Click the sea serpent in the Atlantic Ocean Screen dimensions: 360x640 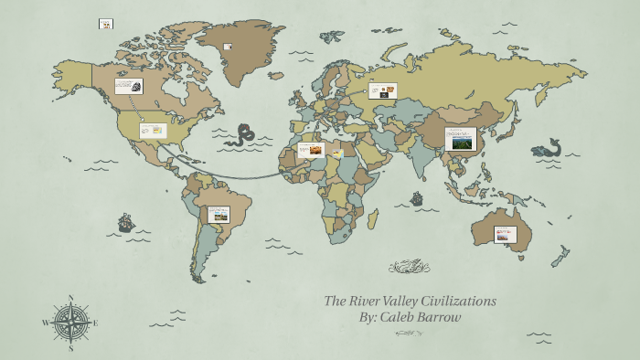click(x=242, y=134)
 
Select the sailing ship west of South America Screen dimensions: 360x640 click(x=126, y=222)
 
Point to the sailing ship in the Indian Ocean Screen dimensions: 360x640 click(x=417, y=197)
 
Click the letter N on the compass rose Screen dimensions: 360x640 click(x=70, y=297)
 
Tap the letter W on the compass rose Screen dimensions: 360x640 click(x=45, y=323)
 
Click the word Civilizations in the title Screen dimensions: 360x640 click(x=453, y=301)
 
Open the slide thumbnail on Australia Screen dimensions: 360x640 click(x=505, y=234)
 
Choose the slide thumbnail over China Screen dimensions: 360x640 click(x=460, y=139)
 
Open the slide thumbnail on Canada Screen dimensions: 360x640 click(x=128, y=86)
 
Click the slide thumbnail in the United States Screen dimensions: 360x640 click(x=153, y=131)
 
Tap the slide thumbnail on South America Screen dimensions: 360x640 click(x=219, y=215)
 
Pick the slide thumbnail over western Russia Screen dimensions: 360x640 click(x=382, y=90)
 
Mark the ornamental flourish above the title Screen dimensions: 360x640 click(x=409, y=267)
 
